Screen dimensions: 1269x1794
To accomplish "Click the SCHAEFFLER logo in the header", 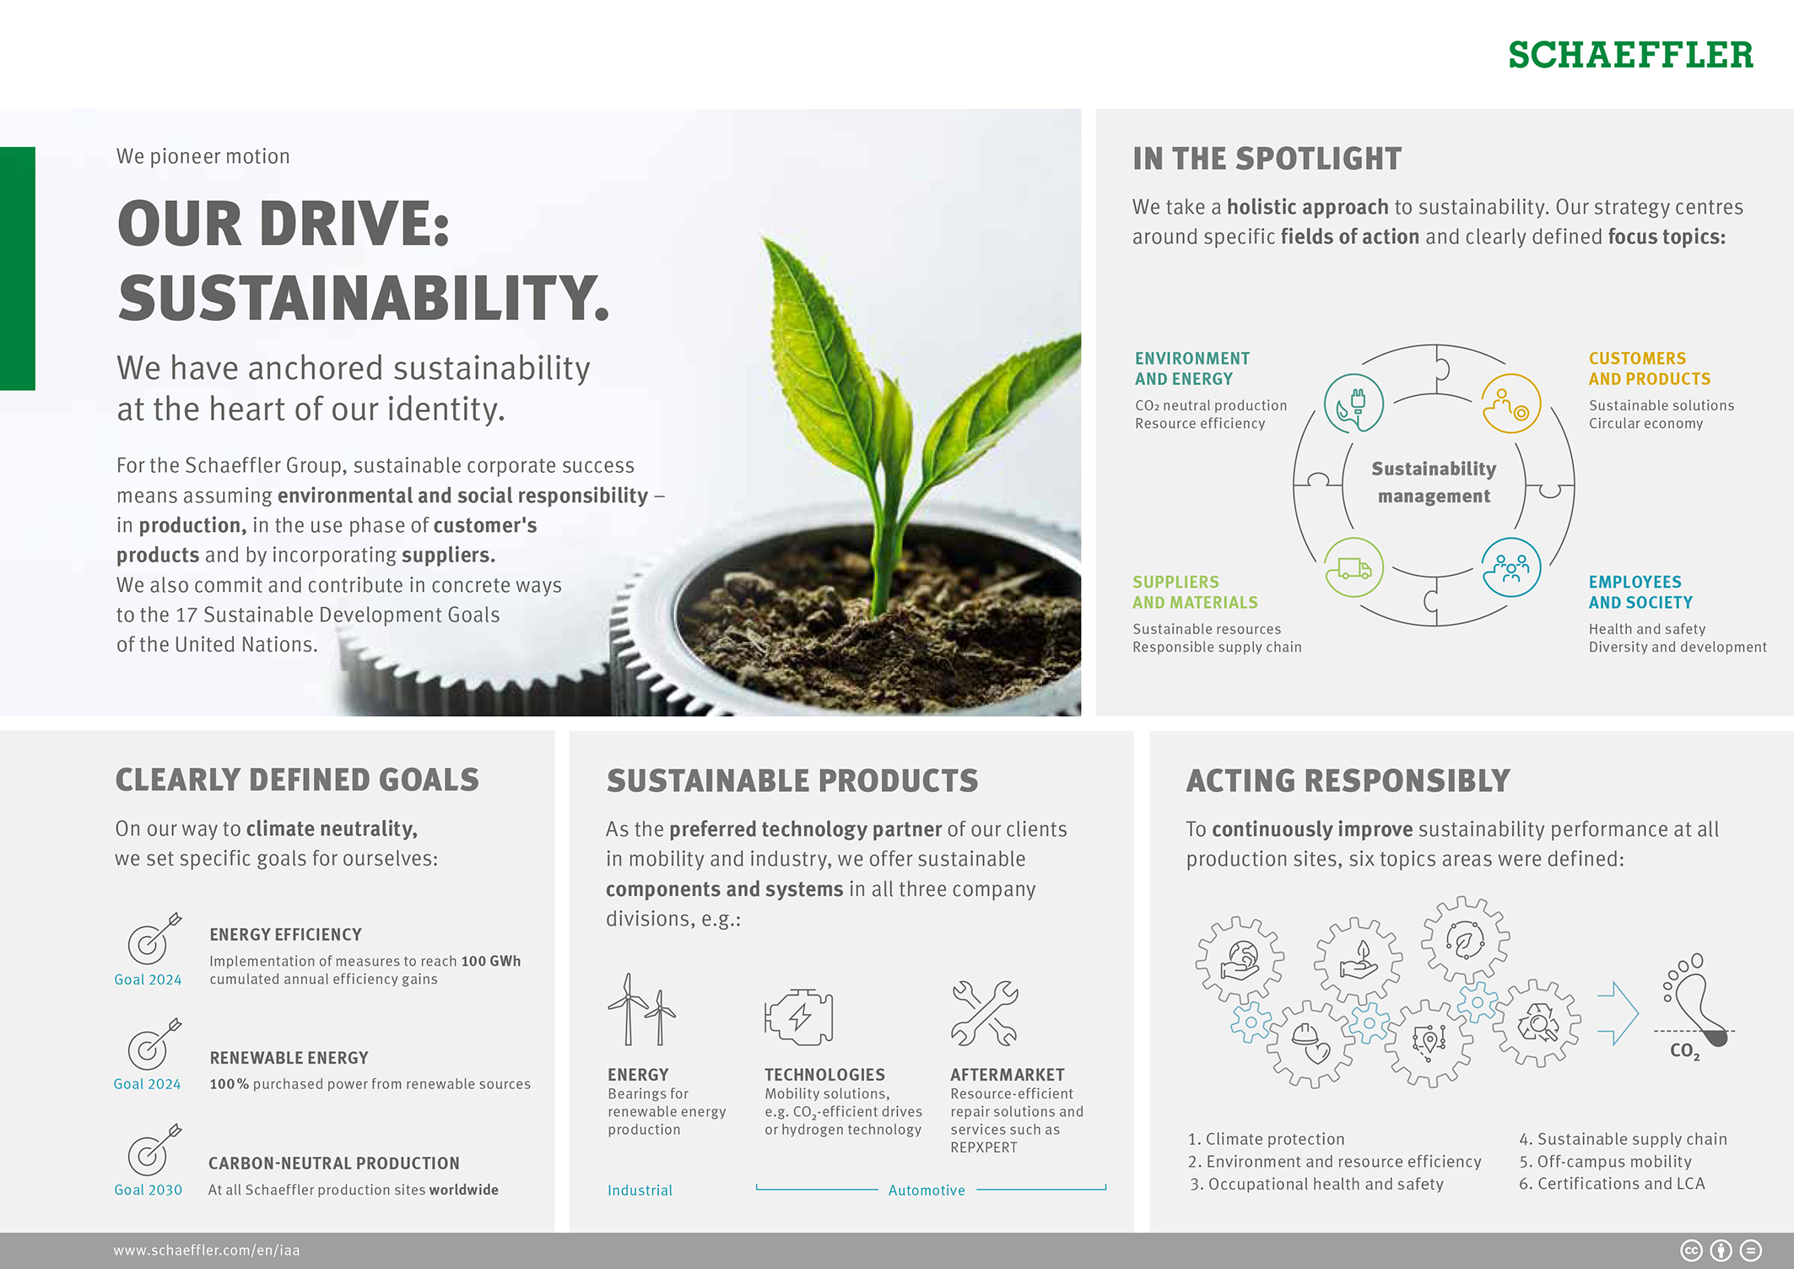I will pos(1629,56).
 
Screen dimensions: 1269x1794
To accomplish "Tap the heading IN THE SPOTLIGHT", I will pos(1267,159).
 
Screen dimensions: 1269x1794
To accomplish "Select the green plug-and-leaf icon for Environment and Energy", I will pos(1354,404).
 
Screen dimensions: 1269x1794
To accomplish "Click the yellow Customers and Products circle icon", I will pos(1511,404).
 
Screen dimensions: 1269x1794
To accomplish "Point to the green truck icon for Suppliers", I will pos(1354,567).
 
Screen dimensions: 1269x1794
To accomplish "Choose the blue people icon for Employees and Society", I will pos(1511,567).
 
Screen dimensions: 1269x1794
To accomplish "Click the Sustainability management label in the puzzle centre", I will pos(1434,482).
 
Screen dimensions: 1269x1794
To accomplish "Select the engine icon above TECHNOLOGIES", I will pos(798,1017).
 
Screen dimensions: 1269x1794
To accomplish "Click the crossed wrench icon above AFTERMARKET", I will pos(984,1013).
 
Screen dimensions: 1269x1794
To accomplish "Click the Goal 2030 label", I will pos(149,1190).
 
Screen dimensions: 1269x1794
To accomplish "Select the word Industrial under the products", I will pos(640,1190).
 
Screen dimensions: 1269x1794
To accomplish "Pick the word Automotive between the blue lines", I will pos(927,1190).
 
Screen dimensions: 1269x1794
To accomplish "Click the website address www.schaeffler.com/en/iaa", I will pos(207,1250).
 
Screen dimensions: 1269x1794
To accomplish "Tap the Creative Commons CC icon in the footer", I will pos(1691,1250).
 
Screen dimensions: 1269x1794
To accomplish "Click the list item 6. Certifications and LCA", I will pos(1612,1184).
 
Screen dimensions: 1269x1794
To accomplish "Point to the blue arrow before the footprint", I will pos(1618,1013).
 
